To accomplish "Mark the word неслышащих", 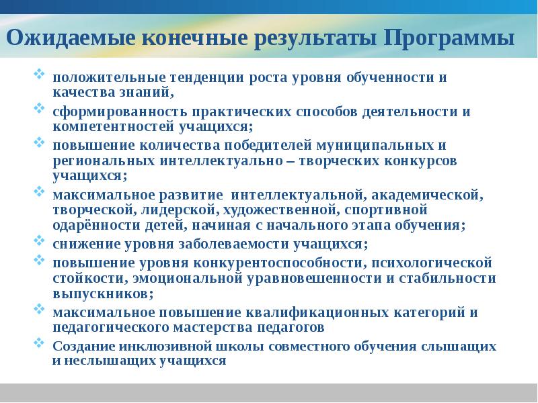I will [x=100, y=360].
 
